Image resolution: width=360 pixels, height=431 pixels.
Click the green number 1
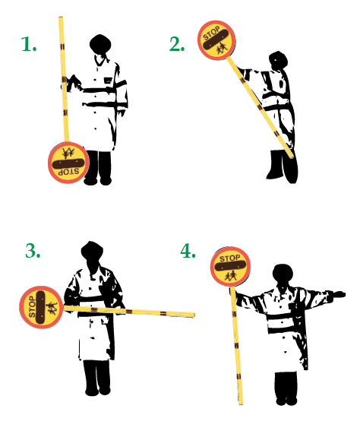(29, 45)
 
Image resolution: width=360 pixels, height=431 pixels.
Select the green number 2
(177, 45)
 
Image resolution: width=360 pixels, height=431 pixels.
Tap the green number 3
(33, 251)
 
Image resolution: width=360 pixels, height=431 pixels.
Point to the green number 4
(188, 251)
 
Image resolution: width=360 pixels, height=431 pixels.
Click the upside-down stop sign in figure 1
(68, 161)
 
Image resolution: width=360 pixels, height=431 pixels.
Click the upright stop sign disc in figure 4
(230, 267)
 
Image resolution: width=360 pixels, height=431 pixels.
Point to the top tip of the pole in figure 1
(60, 19)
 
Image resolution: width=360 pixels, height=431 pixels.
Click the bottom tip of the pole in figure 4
(242, 402)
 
